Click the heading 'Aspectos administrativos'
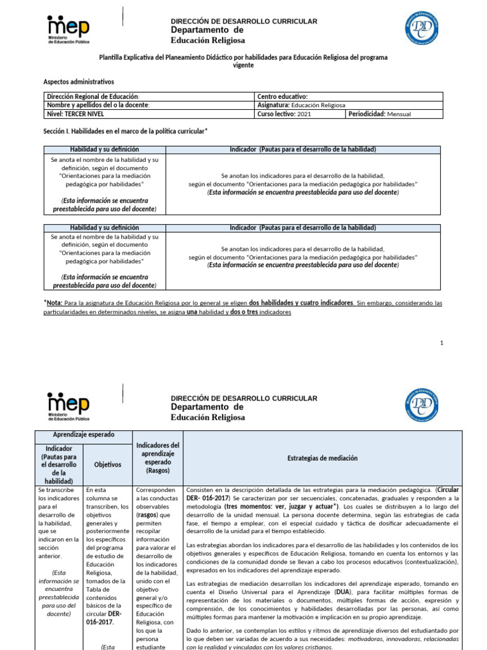[x=78, y=82]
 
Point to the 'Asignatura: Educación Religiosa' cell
[x=301, y=105]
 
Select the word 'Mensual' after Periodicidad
[x=399, y=114]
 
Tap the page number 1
[x=441, y=343]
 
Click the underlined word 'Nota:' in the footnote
[x=55, y=303]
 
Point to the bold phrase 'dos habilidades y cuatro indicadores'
[x=301, y=303]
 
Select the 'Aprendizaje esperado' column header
[x=84, y=435]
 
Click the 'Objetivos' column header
[x=107, y=465]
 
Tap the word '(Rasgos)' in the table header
[x=157, y=470]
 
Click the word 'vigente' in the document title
[x=243, y=65]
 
